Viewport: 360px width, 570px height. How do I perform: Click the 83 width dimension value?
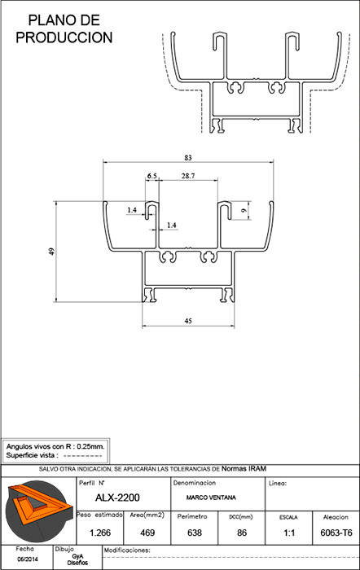pyautogui.click(x=188, y=158)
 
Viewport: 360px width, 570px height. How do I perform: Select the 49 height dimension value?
pyautogui.click(x=51, y=251)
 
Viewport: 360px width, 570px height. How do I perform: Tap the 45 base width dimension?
pyautogui.click(x=188, y=321)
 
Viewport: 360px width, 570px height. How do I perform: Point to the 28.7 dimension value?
pyautogui.click(x=188, y=176)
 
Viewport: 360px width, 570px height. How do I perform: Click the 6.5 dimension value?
pyautogui.click(x=152, y=176)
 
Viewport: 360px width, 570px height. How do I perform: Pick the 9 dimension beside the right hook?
pyautogui.click(x=244, y=210)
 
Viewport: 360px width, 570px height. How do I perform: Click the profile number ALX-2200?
pyautogui.click(x=117, y=498)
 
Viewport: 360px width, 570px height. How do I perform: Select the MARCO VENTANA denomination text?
pyautogui.click(x=211, y=498)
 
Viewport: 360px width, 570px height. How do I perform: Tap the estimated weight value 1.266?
pyautogui.click(x=100, y=533)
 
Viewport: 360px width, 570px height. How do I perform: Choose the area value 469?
pyautogui.click(x=147, y=533)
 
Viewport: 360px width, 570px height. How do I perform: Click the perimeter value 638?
pyautogui.click(x=195, y=533)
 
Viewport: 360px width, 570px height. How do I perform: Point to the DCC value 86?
pyautogui.click(x=242, y=533)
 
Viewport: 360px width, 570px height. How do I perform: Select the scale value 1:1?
pyautogui.click(x=289, y=533)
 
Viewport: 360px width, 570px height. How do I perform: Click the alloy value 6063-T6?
pyautogui.click(x=336, y=533)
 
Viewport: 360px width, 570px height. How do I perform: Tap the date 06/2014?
pyautogui.click(x=28, y=559)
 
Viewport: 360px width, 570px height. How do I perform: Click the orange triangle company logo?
pyautogui.click(x=38, y=511)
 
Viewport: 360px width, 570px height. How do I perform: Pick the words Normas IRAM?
pyautogui.click(x=244, y=468)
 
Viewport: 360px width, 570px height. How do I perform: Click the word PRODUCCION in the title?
pyautogui.click(x=64, y=37)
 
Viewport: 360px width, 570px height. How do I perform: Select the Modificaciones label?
pyautogui.click(x=127, y=550)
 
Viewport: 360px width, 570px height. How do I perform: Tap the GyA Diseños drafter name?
pyautogui.click(x=77, y=559)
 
